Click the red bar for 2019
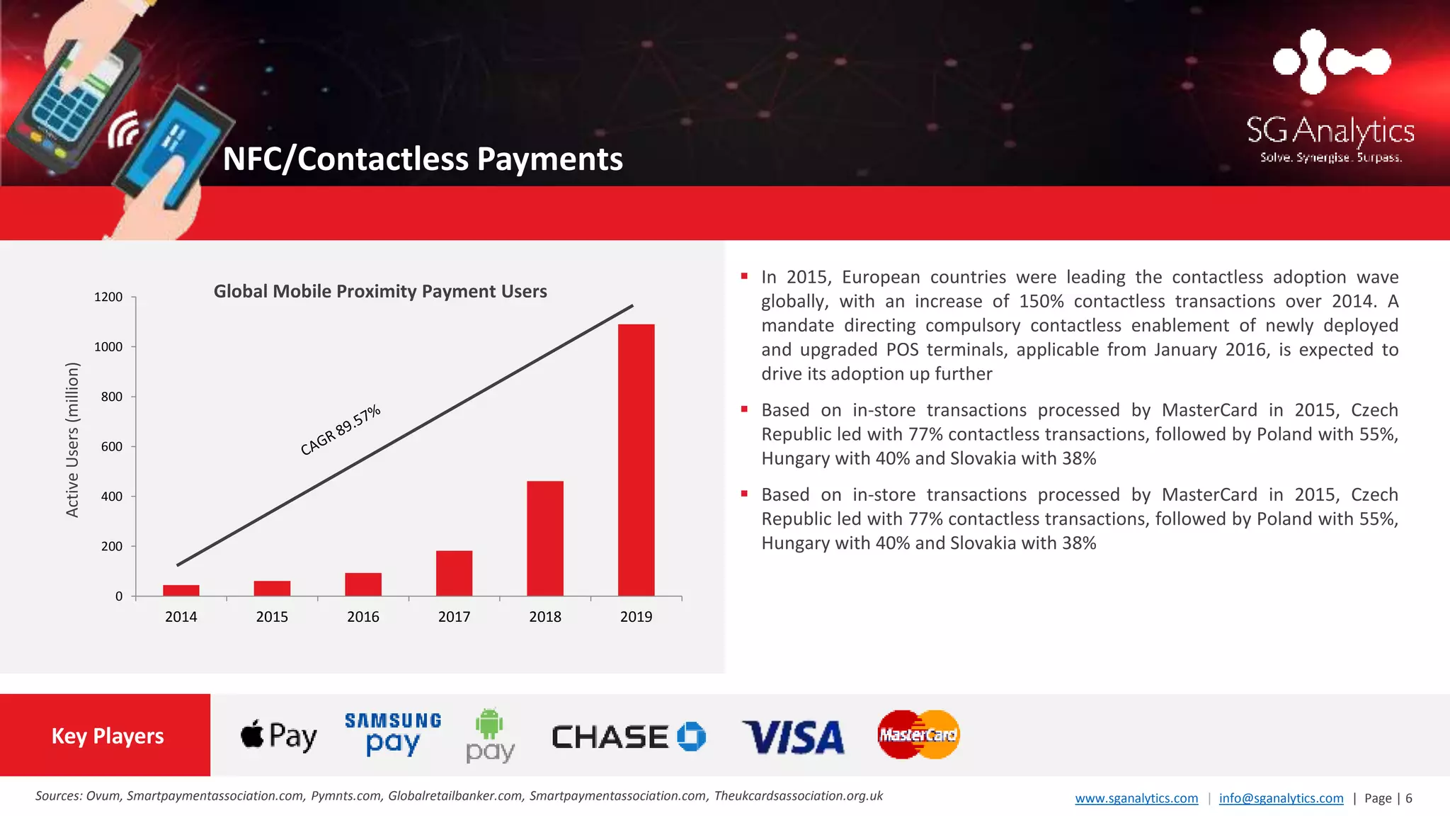[636, 460]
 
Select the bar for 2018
[545, 538]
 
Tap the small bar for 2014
[181, 590]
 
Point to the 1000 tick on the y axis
[108, 347]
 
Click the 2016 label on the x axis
[363, 617]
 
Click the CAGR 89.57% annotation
[341, 431]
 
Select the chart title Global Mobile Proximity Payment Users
[380, 291]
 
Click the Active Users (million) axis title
[72, 439]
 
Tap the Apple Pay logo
[279, 737]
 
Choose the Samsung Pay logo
[393, 735]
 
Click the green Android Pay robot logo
[489, 724]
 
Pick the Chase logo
[629, 737]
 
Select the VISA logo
[793, 737]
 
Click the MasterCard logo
[918, 735]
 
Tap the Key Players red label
[107, 736]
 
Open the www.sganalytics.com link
[1136, 798]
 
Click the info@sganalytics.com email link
[1281, 798]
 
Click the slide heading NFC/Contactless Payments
[423, 159]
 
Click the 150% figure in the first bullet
[1041, 302]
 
